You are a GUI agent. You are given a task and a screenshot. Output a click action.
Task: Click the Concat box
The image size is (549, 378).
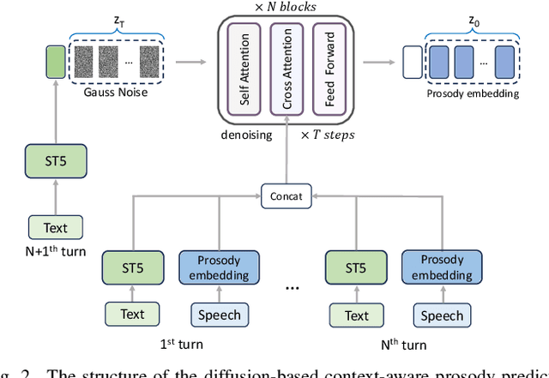point(287,196)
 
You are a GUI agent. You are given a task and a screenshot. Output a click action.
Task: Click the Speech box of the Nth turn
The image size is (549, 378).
point(441,315)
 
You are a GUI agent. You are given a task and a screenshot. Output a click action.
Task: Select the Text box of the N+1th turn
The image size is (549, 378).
point(56,228)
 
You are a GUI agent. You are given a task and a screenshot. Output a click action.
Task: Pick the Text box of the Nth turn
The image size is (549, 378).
point(356,315)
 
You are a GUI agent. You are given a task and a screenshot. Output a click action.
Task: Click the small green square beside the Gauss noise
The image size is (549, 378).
point(56,62)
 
